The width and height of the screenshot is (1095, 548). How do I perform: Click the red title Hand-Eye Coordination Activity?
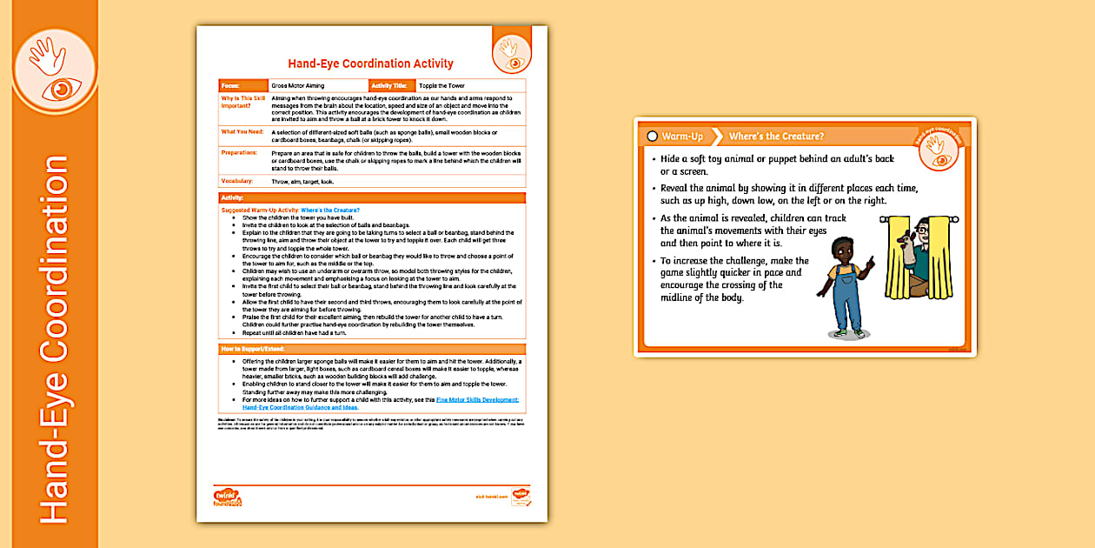pyautogui.click(x=370, y=63)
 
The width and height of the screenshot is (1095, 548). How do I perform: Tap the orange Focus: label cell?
pyautogui.click(x=242, y=86)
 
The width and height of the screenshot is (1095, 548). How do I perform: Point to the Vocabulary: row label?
pyautogui.click(x=237, y=181)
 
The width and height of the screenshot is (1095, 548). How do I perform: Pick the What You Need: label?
pyautogui.click(x=242, y=131)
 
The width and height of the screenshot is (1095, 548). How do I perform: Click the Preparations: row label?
pyautogui.click(x=240, y=152)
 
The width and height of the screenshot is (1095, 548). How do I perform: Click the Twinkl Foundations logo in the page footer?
pyautogui.click(x=228, y=497)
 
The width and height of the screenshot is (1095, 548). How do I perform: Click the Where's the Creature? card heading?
pyautogui.click(x=776, y=137)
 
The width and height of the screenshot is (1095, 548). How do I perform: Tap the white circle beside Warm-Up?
pyautogui.click(x=653, y=137)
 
